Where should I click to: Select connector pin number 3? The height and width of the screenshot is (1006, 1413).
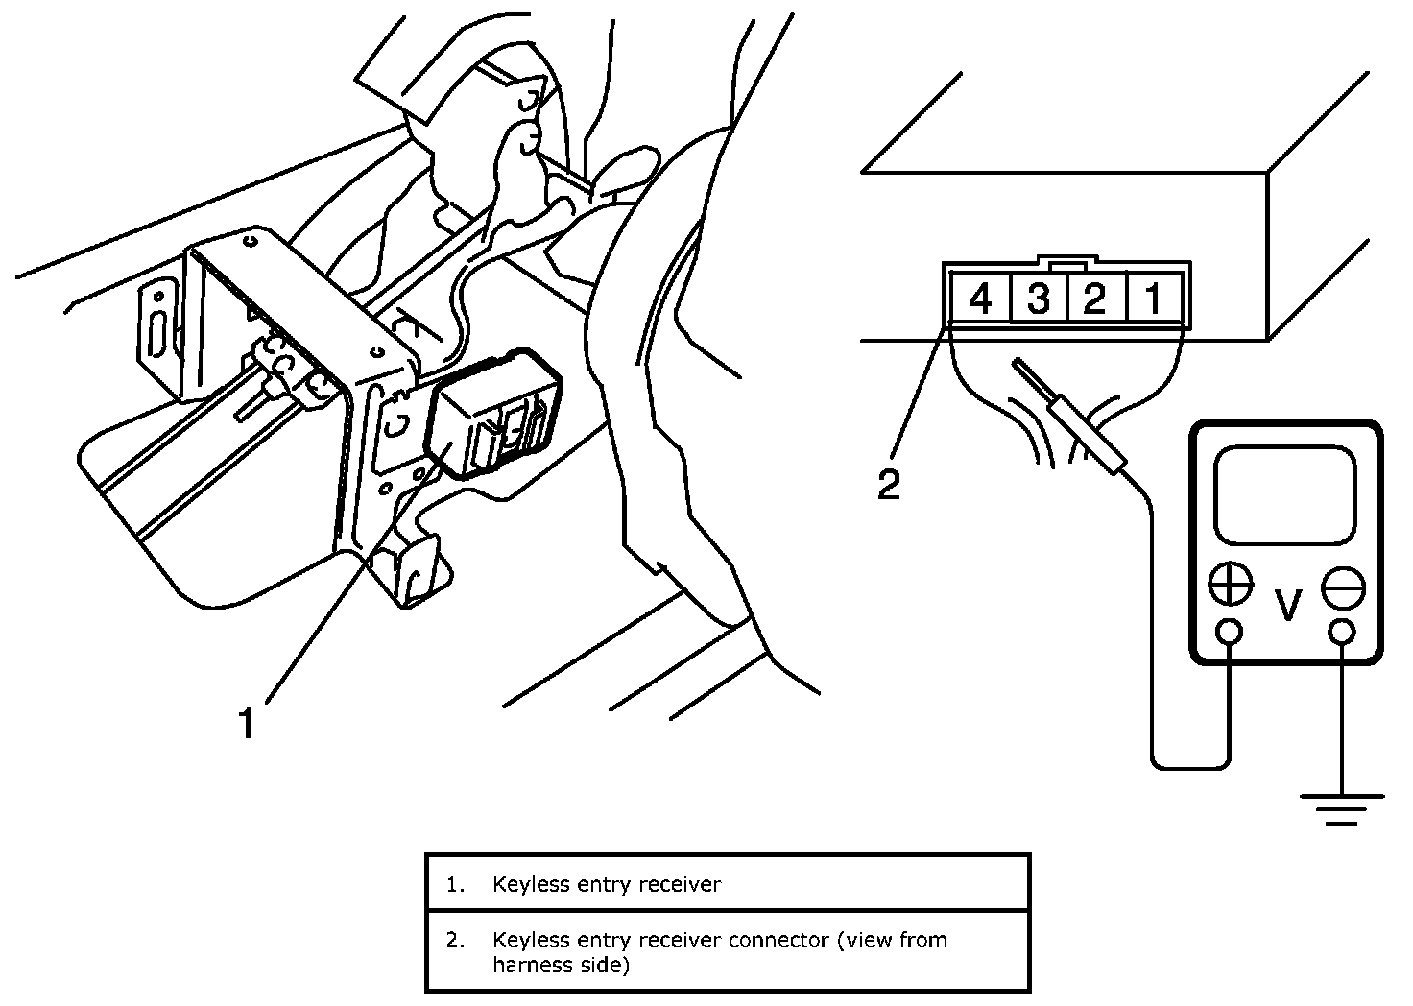tap(1038, 299)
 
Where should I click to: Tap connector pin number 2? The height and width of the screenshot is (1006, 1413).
tap(1094, 299)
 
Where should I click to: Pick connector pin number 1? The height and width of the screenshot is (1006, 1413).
tap(1153, 299)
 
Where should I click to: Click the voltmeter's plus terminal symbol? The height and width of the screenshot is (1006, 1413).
tap(1231, 585)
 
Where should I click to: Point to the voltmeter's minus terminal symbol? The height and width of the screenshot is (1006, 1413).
tap(1343, 586)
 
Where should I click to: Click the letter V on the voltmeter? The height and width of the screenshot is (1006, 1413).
tap(1287, 605)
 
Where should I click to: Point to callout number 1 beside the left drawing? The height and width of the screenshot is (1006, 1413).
tap(248, 722)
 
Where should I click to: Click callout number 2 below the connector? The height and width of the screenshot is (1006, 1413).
tap(889, 485)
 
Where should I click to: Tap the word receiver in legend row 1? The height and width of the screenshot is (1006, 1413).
tap(683, 884)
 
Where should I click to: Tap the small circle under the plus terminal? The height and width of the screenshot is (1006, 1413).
tap(1230, 631)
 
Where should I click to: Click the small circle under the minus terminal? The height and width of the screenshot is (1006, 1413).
tap(1343, 631)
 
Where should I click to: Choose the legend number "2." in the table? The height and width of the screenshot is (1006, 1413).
tap(454, 939)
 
